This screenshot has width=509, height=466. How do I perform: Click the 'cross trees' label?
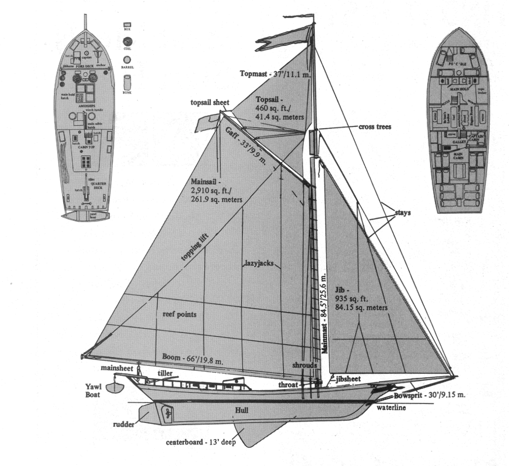click(x=375, y=127)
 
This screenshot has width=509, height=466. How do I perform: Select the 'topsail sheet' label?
click(x=209, y=103)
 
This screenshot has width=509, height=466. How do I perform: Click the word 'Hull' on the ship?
click(x=242, y=410)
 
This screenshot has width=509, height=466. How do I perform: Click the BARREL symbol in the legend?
click(x=127, y=59)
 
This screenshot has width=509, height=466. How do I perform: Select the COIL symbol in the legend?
click(x=127, y=42)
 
